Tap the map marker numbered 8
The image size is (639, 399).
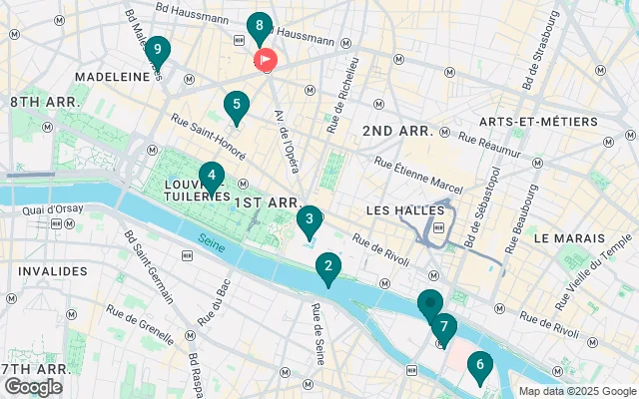point(260,27)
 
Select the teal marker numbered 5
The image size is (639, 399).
point(236,105)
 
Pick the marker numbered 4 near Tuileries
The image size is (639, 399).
point(211,177)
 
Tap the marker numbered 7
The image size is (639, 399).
point(443,327)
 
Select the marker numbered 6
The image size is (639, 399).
point(480,366)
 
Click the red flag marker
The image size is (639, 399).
point(267,60)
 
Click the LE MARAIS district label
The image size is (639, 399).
point(569,239)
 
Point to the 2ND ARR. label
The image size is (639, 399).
point(397,131)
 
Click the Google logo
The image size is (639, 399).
point(33,387)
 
